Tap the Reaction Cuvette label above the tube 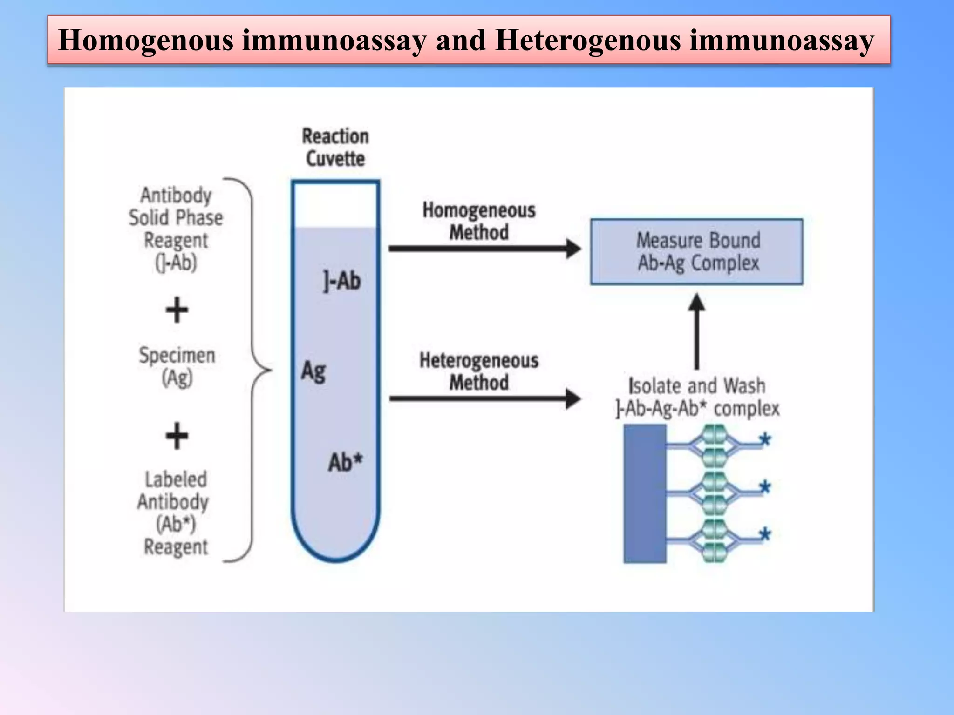click(335, 148)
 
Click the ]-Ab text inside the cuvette click(342, 281)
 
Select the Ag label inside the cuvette click(313, 371)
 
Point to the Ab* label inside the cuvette click(345, 462)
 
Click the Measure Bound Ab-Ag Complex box click(697, 252)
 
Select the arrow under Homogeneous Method click(484, 249)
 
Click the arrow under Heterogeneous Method click(484, 398)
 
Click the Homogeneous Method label click(479, 221)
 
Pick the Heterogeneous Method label click(479, 371)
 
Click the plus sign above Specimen click(177, 310)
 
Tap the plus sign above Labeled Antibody click(177, 436)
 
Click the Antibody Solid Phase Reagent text click(176, 229)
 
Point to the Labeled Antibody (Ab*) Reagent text click(175, 513)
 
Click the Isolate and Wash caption click(697, 397)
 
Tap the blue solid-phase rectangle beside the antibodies click(645, 494)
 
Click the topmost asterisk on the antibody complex click(764, 439)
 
